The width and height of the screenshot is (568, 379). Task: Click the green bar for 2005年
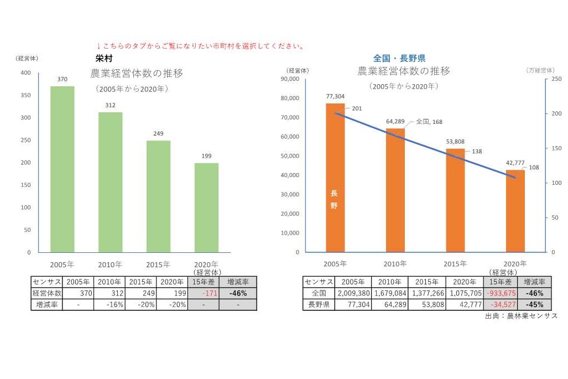click(62, 169)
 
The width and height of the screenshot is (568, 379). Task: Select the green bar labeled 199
click(206, 207)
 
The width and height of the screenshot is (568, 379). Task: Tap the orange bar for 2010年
click(395, 190)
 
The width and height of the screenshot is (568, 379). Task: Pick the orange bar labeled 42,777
click(515, 211)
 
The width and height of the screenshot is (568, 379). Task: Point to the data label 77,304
click(335, 96)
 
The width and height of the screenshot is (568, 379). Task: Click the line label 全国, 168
click(429, 122)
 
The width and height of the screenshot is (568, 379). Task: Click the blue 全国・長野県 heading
click(399, 58)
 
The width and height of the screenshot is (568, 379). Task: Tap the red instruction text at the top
click(200, 46)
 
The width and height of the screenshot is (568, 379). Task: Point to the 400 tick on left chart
click(25, 73)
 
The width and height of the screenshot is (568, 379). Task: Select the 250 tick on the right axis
click(556, 79)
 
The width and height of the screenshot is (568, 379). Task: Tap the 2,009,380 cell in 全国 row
click(352, 293)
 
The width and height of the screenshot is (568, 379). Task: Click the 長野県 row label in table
click(318, 304)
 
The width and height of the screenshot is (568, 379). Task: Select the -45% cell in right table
click(535, 304)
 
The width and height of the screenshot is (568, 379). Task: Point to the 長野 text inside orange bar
click(334, 200)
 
